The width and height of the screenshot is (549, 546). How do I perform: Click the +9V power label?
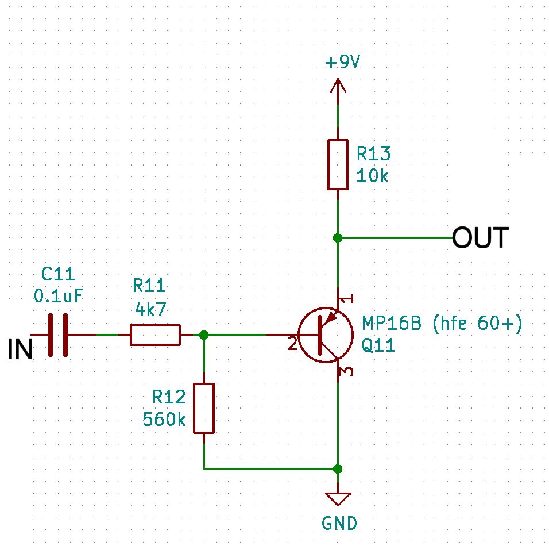coord(342,63)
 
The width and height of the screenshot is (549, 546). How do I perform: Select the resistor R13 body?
coord(338,164)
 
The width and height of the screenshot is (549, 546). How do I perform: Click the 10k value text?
coord(372,176)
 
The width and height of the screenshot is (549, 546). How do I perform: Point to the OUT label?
coord(480,238)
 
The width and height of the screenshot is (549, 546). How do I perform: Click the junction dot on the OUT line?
coord(338,238)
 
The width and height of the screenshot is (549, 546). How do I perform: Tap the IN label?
coord(20,350)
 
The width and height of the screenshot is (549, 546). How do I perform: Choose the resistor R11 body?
coord(155,334)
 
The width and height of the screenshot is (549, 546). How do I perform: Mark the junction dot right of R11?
coord(204,334)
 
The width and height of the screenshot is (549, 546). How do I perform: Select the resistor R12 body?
coord(204,408)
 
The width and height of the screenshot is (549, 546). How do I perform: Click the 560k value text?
coord(164,420)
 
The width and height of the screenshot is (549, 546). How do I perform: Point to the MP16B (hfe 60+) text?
coord(442,325)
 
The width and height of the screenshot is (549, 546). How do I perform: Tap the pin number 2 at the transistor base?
coord(292,344)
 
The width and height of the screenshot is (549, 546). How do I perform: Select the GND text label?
coord(339,523)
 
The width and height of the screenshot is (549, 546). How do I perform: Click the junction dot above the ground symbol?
coord(338,468)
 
